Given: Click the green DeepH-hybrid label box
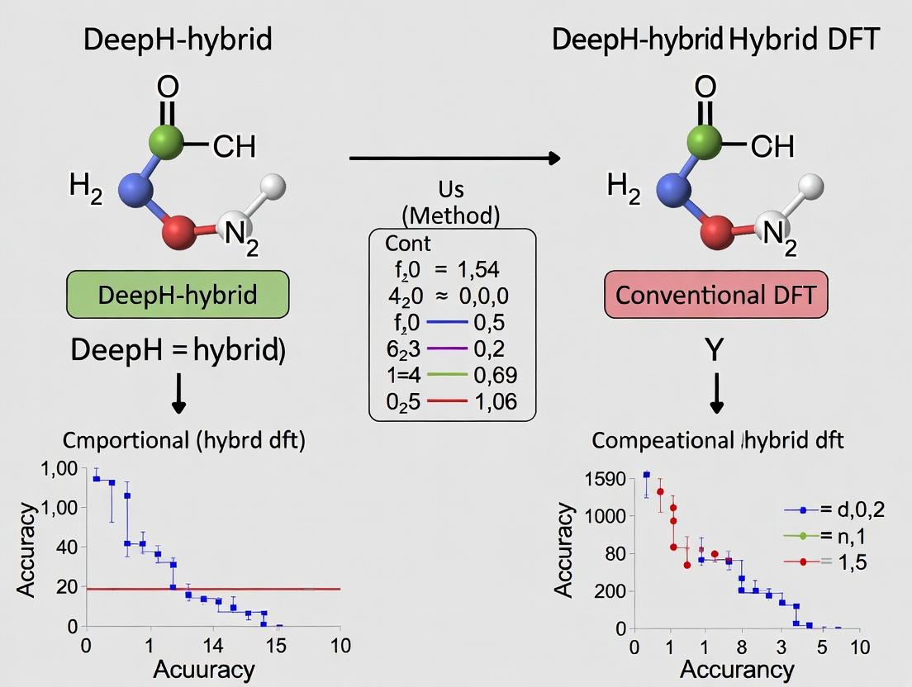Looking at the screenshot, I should (x=178, y=294).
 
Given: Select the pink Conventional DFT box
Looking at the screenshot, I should (x=717, y=294).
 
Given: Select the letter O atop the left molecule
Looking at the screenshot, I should (x=168, y=88).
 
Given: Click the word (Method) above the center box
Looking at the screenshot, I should (x=451, y=216).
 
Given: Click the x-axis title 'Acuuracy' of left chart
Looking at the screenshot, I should (x=204, y=666).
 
